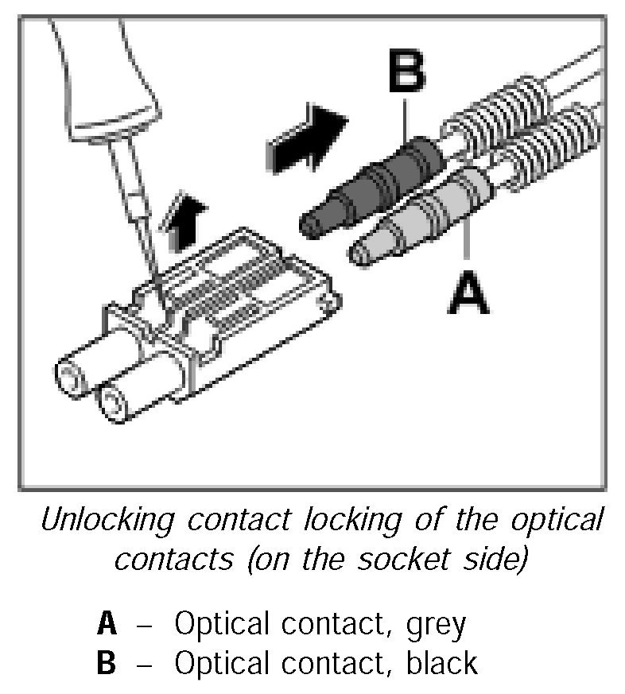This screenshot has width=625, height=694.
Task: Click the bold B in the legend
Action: click(107, 662)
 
